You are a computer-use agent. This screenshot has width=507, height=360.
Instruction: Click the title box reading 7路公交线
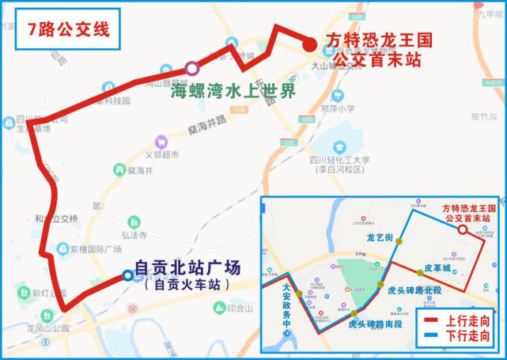click(x=68, y=30)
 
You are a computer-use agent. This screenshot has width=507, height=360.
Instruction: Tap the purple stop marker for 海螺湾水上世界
click(x=191, y=69)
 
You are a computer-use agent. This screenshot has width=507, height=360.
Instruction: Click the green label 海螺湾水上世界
click(x=233, y=89)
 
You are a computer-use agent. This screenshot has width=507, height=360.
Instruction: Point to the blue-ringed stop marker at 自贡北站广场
click(x=127, y=275)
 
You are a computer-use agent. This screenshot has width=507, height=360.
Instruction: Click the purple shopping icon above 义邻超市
click(x=162, y=142)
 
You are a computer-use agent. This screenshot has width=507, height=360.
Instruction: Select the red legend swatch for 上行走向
click(x=430, y=321)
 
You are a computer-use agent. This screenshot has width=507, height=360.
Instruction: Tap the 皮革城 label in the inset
click(x=437, y=269)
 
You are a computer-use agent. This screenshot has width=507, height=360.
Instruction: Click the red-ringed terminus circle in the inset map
click(x=463, y=229)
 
